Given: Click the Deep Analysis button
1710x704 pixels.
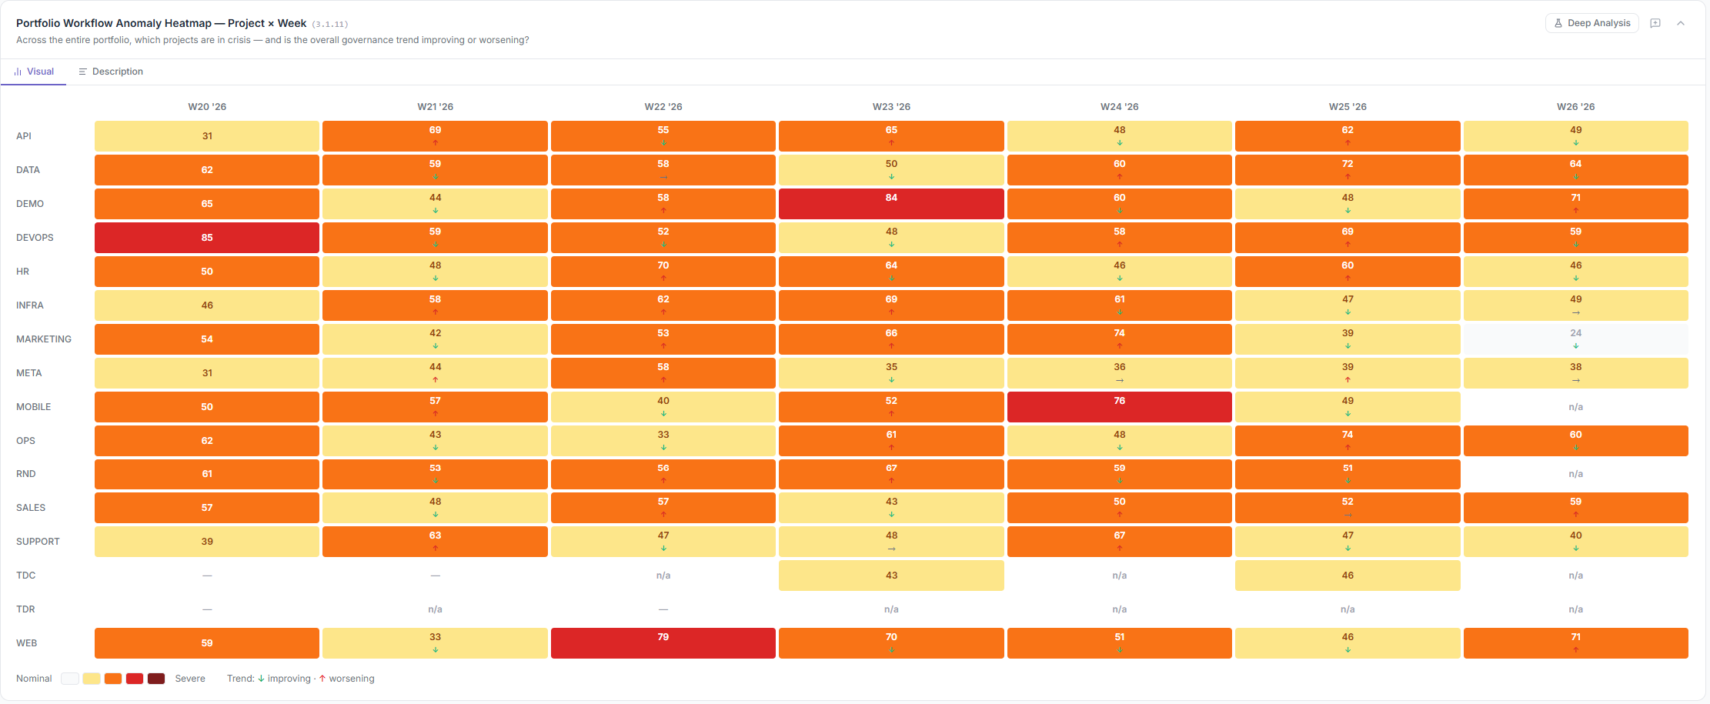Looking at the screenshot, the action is tap(1591, 23).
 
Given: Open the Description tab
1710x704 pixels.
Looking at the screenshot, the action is tap(111, 72).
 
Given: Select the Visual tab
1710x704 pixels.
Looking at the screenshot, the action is tap(34, 72).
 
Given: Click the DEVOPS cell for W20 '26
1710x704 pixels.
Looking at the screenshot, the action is tap(207, 238).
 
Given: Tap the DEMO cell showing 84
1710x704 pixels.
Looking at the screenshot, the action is tap(891, 204).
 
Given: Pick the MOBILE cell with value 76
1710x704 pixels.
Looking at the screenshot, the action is tap(1119, 407).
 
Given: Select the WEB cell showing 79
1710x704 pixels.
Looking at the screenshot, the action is tap(663, 643).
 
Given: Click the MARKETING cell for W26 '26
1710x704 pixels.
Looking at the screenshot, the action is tap(1575, 339).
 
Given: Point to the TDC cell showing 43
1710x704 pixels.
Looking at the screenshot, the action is tap(891, 576).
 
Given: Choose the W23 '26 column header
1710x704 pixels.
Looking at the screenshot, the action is tap(891, 107).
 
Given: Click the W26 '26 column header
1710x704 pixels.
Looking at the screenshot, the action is tap(1575, 107).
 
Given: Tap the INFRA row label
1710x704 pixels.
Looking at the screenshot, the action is tap(30, 305).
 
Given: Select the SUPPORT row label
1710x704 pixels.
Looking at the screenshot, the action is tap(38, 542).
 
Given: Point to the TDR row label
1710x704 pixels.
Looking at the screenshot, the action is tap(25, 609).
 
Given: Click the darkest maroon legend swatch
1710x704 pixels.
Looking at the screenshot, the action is tap(156, 679).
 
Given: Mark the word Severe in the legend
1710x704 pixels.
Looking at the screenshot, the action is tap(190, 679).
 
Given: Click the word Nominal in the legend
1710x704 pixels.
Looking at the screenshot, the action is tap(34, 679).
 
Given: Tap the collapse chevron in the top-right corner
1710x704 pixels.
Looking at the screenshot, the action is tap(1681, 23).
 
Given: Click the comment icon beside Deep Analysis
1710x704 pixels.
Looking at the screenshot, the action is tap(1655, 23).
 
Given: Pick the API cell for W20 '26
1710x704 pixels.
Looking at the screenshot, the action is tap(207, 136).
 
